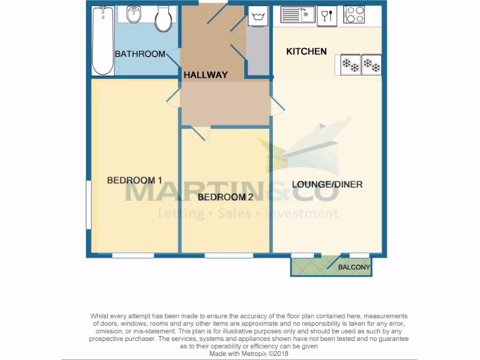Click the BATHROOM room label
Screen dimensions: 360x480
140,54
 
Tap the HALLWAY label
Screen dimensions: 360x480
205,75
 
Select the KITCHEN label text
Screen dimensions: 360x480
306,51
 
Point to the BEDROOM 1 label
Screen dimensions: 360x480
134,180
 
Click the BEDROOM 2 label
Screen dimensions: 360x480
225,197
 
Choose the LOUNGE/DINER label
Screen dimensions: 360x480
327,184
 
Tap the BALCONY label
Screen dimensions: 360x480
354,268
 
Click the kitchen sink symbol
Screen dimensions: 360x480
298,15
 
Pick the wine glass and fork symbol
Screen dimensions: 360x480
327,15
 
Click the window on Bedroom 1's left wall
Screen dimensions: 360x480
88,205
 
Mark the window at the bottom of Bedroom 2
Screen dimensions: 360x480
229,255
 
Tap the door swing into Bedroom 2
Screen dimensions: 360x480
201,134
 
